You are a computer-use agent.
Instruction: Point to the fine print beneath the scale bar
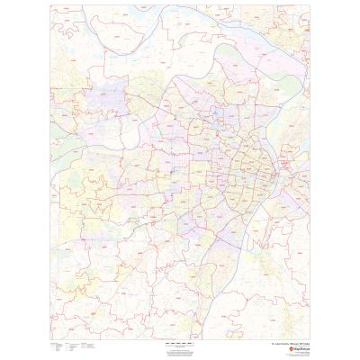pos(179,347)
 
